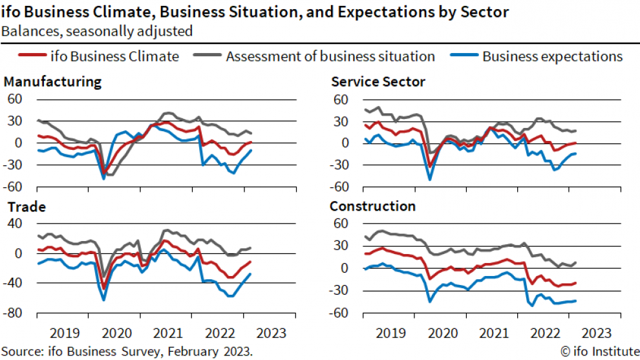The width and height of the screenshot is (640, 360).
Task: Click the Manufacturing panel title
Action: click(52, 82)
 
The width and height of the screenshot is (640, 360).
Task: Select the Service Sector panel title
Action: click(378, 82)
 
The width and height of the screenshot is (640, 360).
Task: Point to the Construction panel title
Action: click(372, 207)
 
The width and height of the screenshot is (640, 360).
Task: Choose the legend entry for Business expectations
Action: click(552, 56)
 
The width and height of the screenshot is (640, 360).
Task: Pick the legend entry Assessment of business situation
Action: click(330, 56)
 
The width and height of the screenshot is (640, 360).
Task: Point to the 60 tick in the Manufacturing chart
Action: click(15, 99)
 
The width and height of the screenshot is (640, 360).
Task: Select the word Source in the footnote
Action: click(21, 351)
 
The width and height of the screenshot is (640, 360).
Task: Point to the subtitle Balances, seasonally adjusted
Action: click(97, 30)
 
